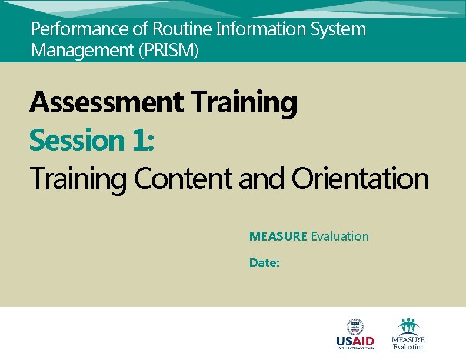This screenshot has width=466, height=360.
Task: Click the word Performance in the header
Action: pyautogui.click(x=68, y=29)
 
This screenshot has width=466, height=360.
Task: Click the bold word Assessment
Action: pyautogui.click(x=106, y=102)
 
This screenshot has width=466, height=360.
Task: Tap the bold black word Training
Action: pyautogui.click(x=244, y=104)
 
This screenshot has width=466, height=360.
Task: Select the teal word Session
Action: pyautogui.click(x=75, y=141)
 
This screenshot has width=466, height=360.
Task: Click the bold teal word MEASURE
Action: pyautogui.click(x=278, y=236)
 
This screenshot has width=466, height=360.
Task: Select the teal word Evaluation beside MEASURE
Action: pyautogui.click(x=340, y=236)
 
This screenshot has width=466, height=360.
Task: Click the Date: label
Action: pyautogui.click(x=264, y=263)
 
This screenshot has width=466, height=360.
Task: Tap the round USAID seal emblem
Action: pyautogui.click(x=355, y=326)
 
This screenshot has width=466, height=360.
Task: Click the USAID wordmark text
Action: pyautogui.click(x=355, y=341)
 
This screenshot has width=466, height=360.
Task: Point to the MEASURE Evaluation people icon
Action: pyautogui.click(x=408, y=326)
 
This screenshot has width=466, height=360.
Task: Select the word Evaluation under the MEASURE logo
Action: pyautogui.click(x=408, y=347)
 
